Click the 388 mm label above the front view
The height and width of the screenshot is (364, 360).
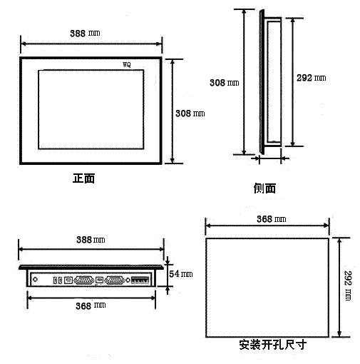[85, 33]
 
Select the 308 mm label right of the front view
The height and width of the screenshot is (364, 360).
[190, 113]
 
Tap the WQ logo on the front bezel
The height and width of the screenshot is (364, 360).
[127, 64]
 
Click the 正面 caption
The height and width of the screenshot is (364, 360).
[83, 178]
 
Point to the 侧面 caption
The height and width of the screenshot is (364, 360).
[264, 188]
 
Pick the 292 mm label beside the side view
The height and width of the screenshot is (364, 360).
[311, 78]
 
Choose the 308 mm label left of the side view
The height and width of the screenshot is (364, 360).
[224, 83]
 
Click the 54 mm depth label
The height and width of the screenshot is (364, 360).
[180, 274]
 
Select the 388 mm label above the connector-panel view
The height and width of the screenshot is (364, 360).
[91, 240]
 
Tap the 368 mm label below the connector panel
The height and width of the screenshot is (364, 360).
[91, 305]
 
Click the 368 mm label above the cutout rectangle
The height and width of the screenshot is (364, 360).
[271, 219]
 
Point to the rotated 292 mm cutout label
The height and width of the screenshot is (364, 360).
[348, 285]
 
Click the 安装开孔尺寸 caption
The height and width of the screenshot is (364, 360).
[272, 345]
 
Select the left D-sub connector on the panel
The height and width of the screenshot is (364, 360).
[84, 280]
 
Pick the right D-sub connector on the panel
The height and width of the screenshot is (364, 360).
[115, 280]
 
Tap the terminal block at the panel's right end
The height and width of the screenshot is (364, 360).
[140, 280]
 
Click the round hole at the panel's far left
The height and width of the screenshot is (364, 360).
[35, 280]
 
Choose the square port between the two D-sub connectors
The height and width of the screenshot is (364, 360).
[99, 280]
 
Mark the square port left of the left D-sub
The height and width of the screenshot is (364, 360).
[68, 280]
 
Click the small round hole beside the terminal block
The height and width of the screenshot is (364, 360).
[128, 280]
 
